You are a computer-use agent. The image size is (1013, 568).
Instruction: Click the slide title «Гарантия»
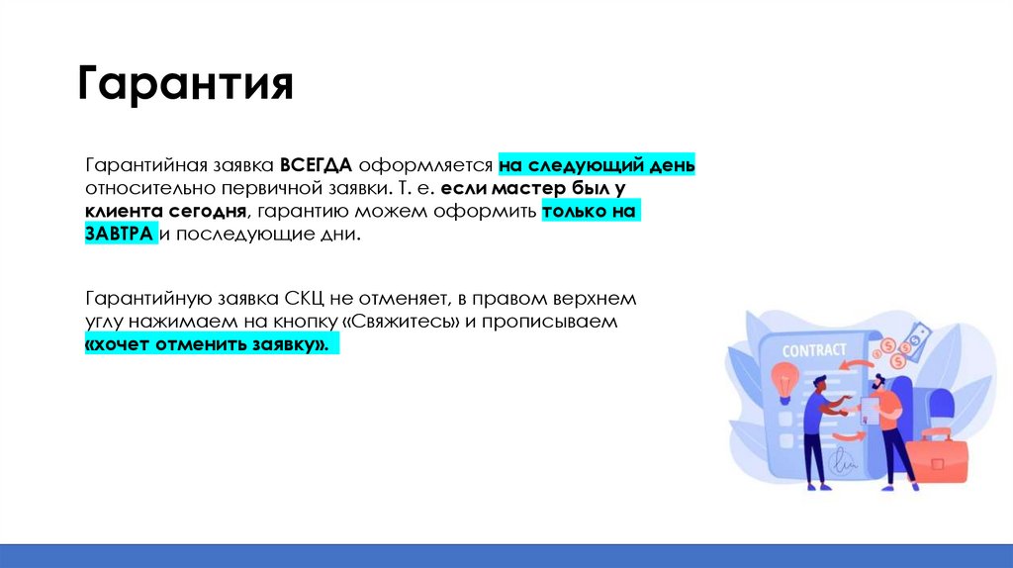tap(185, 85)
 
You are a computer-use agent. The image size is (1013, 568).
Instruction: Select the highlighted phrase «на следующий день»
tap(597, 164)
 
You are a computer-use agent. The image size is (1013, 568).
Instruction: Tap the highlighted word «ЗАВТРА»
tap(120, 235)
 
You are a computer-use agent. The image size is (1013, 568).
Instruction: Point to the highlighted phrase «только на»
tap(590, 211)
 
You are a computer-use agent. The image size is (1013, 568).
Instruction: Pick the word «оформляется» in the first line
tap(426, 164)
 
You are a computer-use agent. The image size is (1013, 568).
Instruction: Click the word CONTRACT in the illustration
tap(814, 349)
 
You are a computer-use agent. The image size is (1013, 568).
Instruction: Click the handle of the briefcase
tap(935, 434)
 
